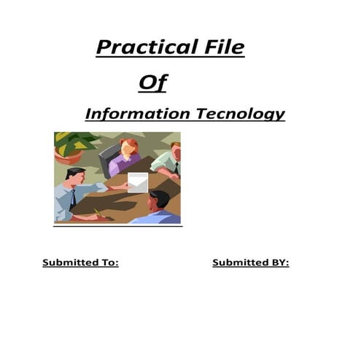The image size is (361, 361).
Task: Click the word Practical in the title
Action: click(143, 48)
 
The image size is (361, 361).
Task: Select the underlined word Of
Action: click(152, 83)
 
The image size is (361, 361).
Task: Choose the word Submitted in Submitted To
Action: click(69, 263)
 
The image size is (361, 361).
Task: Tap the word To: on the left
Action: click(107, 263)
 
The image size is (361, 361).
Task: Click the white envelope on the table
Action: click(137, 182)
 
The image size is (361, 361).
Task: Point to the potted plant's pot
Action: click(69, 158)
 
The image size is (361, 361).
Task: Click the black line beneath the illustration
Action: click(117, 225)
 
